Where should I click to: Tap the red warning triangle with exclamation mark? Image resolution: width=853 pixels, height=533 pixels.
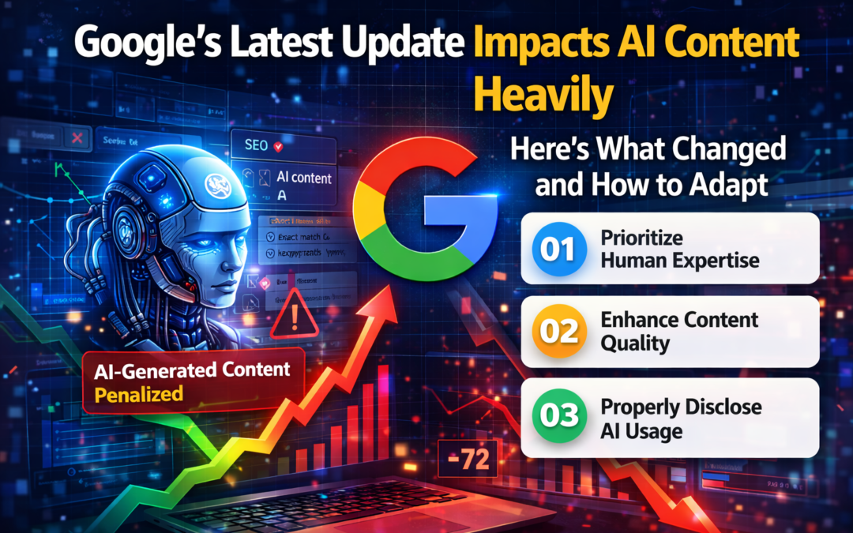tap(295, 318)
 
